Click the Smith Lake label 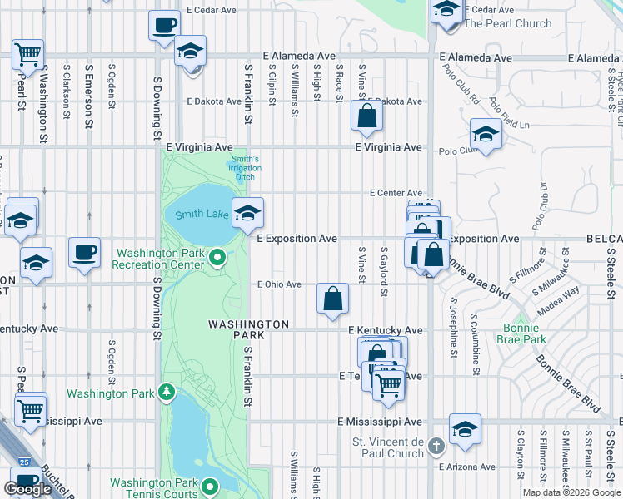coord(202,215)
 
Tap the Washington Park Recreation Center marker coord(217,259)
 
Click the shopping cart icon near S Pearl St coord(28,55)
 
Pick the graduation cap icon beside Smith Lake coord(247,213)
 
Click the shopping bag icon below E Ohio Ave coord(332,298)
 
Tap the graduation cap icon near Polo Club coord(486,134)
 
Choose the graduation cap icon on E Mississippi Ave coord(466,427)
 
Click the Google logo coord(27,489)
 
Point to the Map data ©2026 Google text coord(571,492)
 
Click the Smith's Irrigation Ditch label coord(245,168)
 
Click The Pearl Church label coord(507,23)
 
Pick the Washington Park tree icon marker coord(167,390)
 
